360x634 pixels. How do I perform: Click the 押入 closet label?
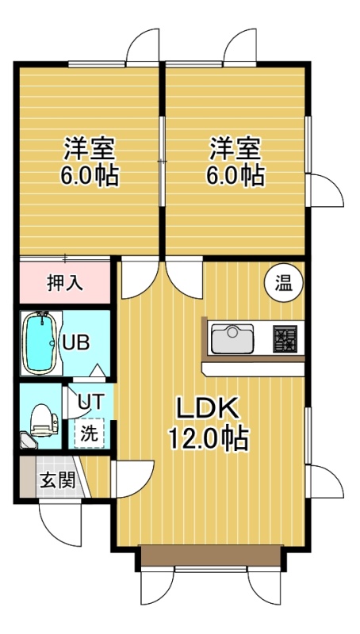[65, 283]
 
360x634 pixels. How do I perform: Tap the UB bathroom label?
[75, 343]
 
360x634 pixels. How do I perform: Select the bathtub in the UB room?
[40, 342]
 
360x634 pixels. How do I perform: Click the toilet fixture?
[44, 421]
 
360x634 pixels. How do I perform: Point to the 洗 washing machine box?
[89, 433]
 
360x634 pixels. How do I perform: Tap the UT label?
[91, 401]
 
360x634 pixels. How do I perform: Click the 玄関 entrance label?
[57, 481]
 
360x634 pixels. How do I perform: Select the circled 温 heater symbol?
[284, 283]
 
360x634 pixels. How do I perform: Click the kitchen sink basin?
[232, 338]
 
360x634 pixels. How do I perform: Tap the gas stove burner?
[285, 338]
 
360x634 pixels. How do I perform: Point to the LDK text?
[208, 410]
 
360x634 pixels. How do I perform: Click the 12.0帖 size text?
[208, 438]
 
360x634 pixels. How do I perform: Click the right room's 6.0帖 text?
[235, 176]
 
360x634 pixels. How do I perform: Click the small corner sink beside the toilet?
[29, 441]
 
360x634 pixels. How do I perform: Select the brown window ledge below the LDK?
[211, 556]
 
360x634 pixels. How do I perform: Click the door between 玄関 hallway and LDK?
[133, 479]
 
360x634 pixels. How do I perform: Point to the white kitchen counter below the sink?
[254, 369]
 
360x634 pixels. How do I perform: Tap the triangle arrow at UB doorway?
[97, 370]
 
